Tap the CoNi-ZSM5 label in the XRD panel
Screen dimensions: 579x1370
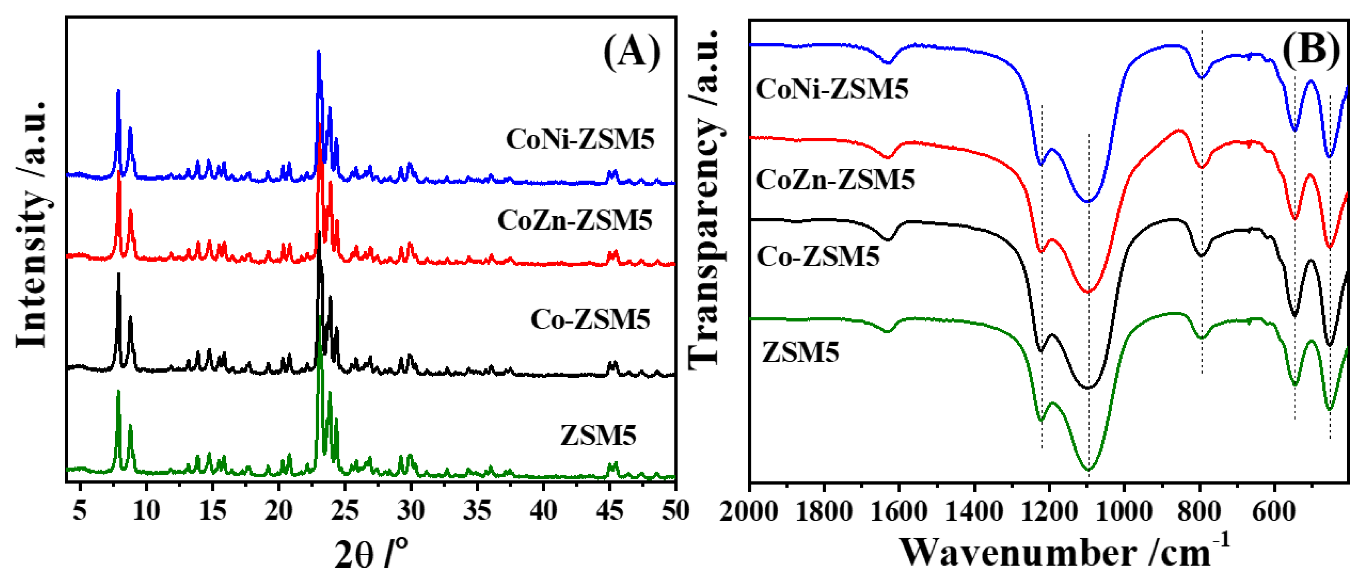click(580, 139)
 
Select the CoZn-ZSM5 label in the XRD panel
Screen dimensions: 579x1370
click(575, 220)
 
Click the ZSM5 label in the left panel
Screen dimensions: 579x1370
click(598, 435)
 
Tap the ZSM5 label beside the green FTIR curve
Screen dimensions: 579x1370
click(801, 352)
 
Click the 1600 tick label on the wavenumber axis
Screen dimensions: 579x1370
click(899, 512)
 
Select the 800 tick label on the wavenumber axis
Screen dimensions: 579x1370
click(1199, 512)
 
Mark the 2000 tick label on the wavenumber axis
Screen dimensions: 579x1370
click(749, 512)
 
